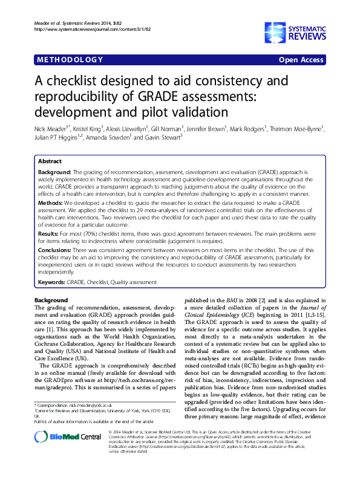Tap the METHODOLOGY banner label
pos(70,59)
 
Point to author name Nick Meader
pos(51,128)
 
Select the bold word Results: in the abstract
pos(50,232)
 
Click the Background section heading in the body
pos(51,300)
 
